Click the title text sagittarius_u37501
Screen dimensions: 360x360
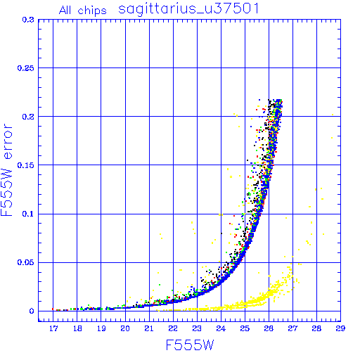188,8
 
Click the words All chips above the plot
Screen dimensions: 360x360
83,11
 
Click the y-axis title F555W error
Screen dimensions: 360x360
6,170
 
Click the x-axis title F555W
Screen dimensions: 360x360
190,345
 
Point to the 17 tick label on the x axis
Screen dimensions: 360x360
53,328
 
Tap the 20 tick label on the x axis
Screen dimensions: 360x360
125,328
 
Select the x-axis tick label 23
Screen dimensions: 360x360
197,328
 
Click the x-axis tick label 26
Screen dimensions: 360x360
269,328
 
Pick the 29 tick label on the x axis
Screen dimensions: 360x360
340,328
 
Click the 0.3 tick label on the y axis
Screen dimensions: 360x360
28,20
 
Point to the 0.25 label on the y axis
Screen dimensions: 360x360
26,68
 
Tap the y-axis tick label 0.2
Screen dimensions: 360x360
28,117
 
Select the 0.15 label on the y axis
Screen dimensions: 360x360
26,165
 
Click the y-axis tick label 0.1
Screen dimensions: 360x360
28,214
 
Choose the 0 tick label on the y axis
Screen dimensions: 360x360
32,311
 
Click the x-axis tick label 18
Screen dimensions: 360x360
77,328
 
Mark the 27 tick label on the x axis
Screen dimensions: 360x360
292,328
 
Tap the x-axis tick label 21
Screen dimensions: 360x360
149,328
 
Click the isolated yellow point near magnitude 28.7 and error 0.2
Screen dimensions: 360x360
333,115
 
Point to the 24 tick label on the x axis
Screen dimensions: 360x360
221,328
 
